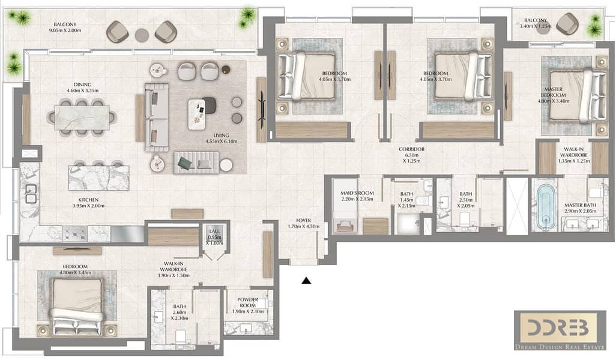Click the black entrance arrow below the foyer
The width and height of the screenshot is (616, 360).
point(306,280)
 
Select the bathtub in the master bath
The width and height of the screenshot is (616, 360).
point(545,207)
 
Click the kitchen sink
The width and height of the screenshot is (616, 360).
point(31,194)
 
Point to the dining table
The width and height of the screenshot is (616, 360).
point(81,118)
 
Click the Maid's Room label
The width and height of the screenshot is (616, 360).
point(357,193)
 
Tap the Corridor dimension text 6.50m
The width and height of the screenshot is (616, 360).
point(411,155)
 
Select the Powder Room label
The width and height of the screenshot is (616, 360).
point(247,302)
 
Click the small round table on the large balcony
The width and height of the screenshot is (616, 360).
point(142,35)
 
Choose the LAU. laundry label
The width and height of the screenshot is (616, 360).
point(214,232)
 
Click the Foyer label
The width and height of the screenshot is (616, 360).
point(303,221)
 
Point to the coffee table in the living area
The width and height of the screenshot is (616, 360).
point(197,114)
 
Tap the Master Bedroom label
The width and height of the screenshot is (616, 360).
point(553,92)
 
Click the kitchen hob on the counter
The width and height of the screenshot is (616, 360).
point(74,233)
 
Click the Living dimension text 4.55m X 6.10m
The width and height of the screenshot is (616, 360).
point(221,142)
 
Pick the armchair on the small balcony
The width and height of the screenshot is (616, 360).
point(568,23)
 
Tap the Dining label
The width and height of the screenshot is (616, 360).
point(82,85)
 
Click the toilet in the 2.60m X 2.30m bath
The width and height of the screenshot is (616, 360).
point(180,337)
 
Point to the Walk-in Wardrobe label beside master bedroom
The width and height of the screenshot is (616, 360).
point(573,152)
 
